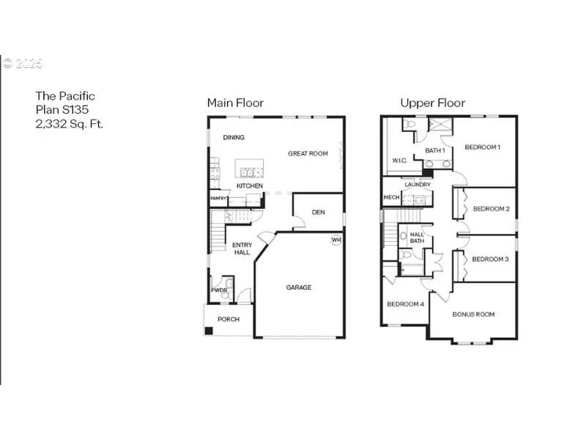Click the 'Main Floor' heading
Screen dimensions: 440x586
(x=234, y=103)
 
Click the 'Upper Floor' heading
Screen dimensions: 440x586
(x=432, y=103)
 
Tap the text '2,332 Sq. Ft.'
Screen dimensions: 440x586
(x=70, y=124)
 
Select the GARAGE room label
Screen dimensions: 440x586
(x=298, y=287)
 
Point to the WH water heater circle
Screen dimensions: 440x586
(x=336, y=240)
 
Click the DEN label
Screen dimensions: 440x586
(x=318, y=212)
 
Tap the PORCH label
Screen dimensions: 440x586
(x=229, y=319)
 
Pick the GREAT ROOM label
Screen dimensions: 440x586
(x=308, y=153)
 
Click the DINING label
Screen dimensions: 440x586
(x=234, y=137)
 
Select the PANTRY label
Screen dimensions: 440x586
(x=218, y=198)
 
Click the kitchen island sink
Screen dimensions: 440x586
(x=248, y=172)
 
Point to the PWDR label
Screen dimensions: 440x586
(x=219, y=290)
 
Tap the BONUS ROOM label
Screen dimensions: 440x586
(x=473, y=314)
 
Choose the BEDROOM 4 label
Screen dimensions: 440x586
(x=405, y=304)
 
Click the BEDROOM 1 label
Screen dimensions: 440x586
(x=483, y=147)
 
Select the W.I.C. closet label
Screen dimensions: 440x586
(x=399, y=161)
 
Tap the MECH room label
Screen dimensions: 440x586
(x=391, y=197)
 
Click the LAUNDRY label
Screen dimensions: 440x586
(x=418, y=184)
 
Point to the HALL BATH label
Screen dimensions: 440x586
(x=417, y=238)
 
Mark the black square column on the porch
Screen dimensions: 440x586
(x=209, y=331)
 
